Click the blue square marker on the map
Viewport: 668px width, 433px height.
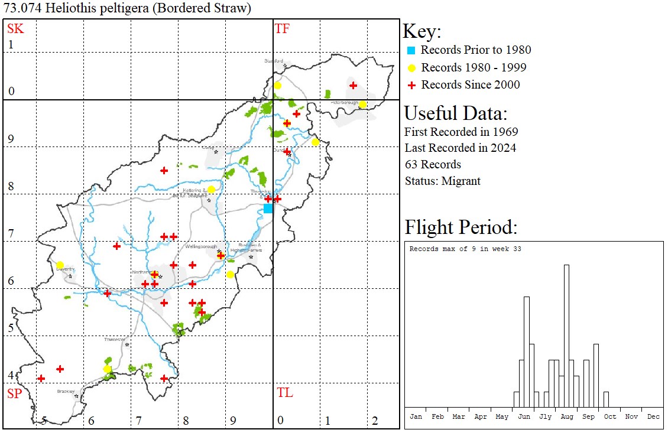[268, 209]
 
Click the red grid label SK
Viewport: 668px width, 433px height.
[14, 28]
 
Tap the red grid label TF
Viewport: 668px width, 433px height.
[283, 28]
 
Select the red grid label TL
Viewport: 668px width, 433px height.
[284, 393]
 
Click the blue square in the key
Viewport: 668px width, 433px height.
[411, 50]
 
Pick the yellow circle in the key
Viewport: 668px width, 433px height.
[411, 67]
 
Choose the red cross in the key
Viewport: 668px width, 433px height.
[411, 85]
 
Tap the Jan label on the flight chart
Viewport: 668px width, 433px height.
[416, 416]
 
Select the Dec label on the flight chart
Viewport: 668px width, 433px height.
[653, 416]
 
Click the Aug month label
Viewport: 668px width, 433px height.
[567, 416]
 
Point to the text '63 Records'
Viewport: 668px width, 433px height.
[433, 164]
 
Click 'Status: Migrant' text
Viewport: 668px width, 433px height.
[442, 181]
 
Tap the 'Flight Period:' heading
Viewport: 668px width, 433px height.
[461, 227]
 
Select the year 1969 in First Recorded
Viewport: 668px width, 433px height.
[504, 131]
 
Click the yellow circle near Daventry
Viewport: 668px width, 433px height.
[60, 265]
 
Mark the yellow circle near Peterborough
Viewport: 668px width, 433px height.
[362, 105]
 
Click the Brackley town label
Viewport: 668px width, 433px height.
[65, 391]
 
